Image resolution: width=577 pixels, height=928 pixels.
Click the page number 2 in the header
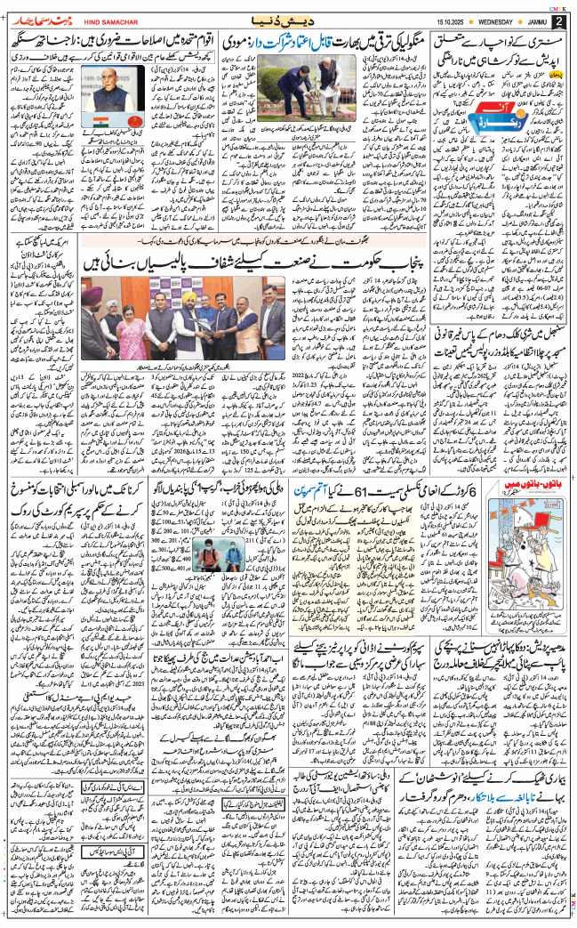(559, 20)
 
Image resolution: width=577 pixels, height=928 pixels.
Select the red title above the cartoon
(530, 486)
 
